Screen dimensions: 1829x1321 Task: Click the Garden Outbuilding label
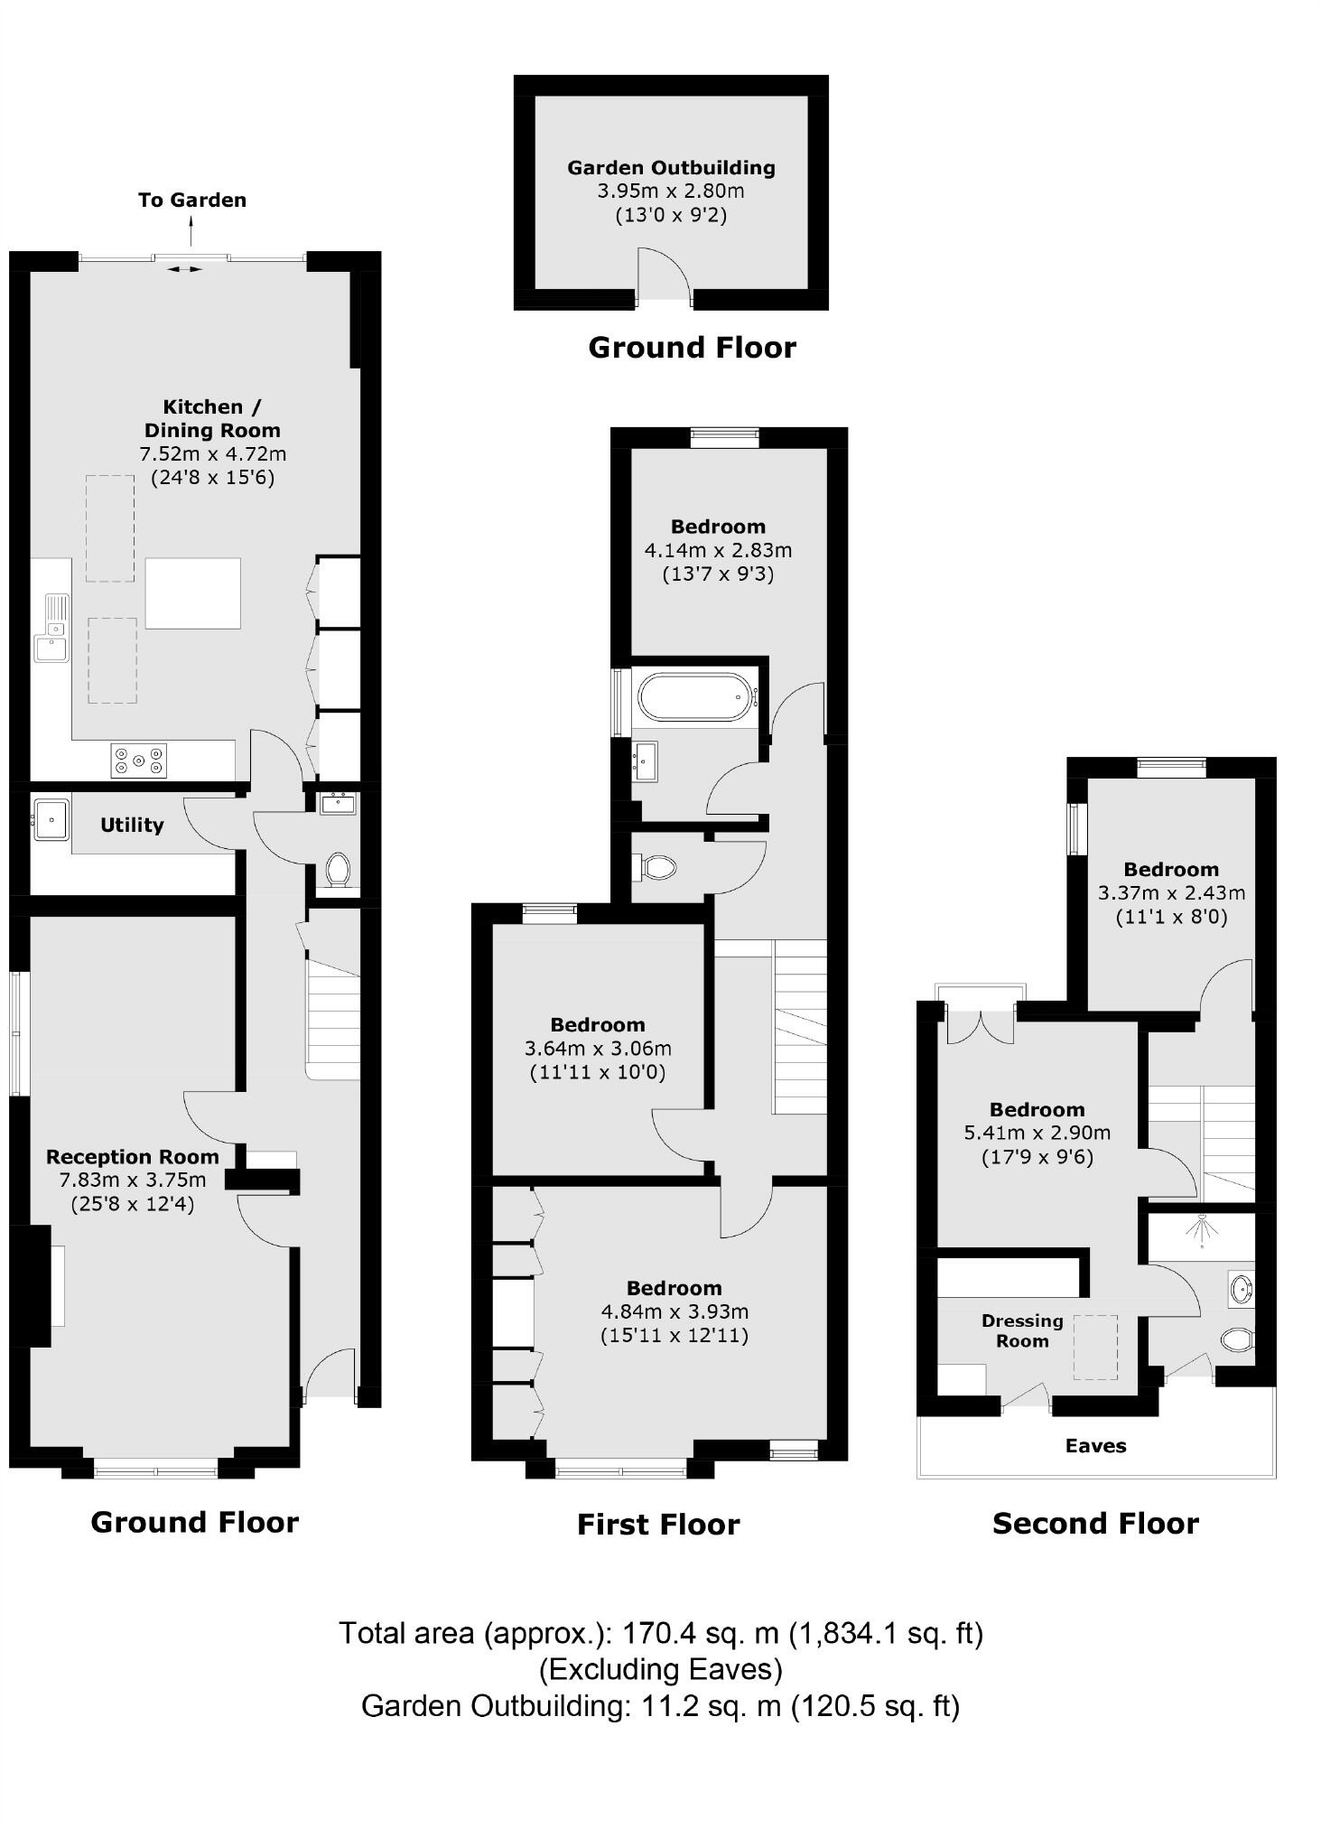(x=671, y=168)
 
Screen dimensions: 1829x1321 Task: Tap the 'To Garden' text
(x=192, y=201)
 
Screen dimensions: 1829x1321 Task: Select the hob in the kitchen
(x=139, y=760)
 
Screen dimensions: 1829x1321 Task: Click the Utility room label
(x=132, y=825)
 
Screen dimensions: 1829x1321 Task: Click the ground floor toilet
(x=338, y=869)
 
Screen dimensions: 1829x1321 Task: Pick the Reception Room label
(x=133, y=1157)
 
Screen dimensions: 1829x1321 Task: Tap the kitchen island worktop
(x=193, y=593)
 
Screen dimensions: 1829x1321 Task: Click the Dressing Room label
(x=1022, y=1330)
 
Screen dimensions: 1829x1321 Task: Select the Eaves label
(x=1095, y=1446)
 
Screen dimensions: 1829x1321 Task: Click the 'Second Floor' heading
(x=1095, y=1524)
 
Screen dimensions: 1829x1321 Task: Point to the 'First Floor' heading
(x=658, y=1525)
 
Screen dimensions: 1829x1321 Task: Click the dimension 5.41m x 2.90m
(x=1037, y=1133)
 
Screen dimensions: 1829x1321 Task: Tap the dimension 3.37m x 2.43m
(x=1171, y=893)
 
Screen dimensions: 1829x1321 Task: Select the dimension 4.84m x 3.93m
(x=674, y=1311)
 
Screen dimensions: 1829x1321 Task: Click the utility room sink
(x=51, y=819)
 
